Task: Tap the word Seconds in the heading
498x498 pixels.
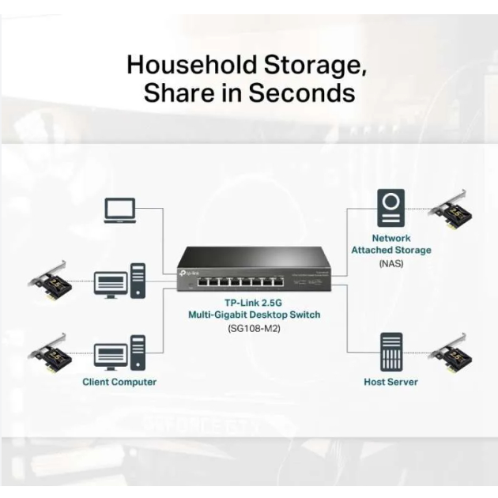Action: [x=302, y=93]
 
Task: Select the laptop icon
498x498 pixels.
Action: [x=120, y=209]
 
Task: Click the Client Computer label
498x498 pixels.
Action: [x=119, y=382]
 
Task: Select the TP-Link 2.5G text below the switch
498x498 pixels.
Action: [x=254, y=303]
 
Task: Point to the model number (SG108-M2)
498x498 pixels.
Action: [x=254, y=328]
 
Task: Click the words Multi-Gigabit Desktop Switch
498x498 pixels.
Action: [x=254, y=315]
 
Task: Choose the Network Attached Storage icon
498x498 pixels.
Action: [x=390, y=208]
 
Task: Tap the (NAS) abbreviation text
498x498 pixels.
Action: [x=390, y=263]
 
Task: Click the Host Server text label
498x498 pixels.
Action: [x=390, y=382]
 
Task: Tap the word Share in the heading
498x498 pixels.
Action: [x=176, y=93]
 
